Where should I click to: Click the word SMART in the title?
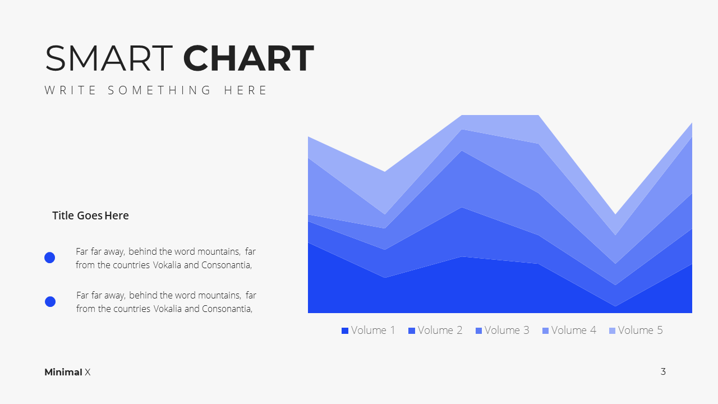[x=109, y=58]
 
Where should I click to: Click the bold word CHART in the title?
[x=248, y=58]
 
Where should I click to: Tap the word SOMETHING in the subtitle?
[x=159, y=90]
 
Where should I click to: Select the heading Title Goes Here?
[x=90, y=215]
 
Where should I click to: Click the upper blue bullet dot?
[x=50, y=258]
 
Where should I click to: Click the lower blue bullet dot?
[x=50, y=301]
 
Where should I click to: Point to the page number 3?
[x=663, y=371]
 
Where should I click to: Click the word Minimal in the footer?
[x=63, y=372]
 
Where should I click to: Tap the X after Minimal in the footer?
[x=88, y=372]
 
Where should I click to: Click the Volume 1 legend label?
[x=373, y=330]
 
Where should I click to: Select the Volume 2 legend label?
[x=440, y=330]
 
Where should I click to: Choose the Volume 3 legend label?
[x=507, y=330]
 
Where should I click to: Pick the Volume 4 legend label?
[x=574, y=330]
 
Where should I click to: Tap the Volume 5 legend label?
[x=641, y=330]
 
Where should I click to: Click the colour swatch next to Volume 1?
[x=345, y=330]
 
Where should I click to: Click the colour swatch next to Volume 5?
[x=612, y=330]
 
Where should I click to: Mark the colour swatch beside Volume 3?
[x=478, y=330]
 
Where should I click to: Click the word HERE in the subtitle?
[x=245, y=90]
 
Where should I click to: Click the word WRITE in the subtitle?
[x=70, y=90]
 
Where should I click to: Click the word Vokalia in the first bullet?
[x=167, y=265]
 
